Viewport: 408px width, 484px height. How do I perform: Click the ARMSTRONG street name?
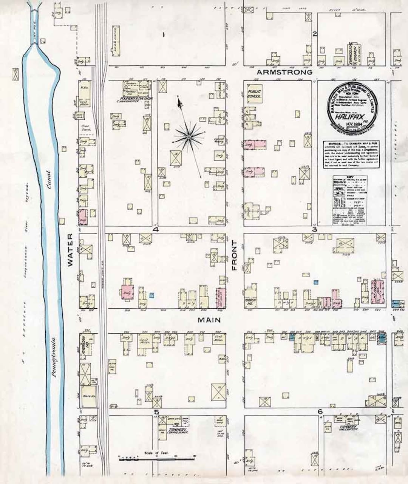coord(284,72)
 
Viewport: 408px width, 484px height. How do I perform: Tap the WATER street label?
coord(70,250)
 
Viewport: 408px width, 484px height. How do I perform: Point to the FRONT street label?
coord(234,255)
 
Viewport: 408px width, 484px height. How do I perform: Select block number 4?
coord(156,229)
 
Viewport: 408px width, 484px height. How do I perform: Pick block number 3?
coord(314,229)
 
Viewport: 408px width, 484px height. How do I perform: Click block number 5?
coord(156,412)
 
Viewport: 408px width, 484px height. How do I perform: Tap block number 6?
coord(320,411)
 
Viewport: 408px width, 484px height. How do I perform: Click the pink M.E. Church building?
coord(379,292)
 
